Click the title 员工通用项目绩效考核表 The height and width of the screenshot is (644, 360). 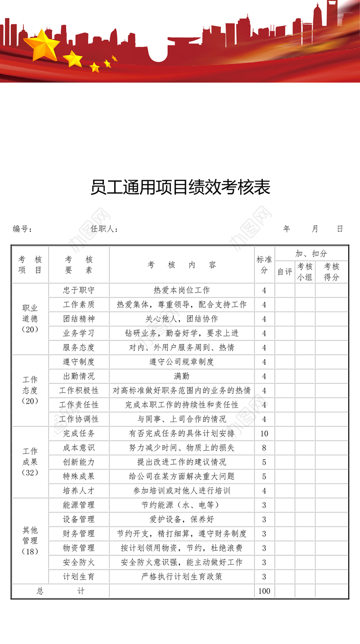180,187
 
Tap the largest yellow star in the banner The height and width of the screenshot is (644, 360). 41,45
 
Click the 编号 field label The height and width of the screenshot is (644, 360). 22,229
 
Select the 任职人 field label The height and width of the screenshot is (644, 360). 104,229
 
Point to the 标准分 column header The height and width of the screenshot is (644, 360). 264,265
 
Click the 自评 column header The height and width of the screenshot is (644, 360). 285,272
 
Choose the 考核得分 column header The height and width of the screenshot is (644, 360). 332,272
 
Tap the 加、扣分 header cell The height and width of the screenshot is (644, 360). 311,254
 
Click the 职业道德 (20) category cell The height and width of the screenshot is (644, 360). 30,318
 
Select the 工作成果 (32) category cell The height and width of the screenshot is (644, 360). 30,462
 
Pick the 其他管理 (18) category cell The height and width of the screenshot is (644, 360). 30,540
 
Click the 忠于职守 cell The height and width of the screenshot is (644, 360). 79,290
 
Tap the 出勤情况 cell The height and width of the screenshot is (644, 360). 79,376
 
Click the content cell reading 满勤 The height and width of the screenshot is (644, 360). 182,376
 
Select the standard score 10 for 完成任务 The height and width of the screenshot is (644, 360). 264,434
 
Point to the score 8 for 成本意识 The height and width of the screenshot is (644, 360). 264,448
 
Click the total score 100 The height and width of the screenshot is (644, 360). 264,591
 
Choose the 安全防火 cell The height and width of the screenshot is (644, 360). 79,562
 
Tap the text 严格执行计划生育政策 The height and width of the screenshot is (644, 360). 182,576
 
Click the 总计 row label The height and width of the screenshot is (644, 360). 60,591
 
